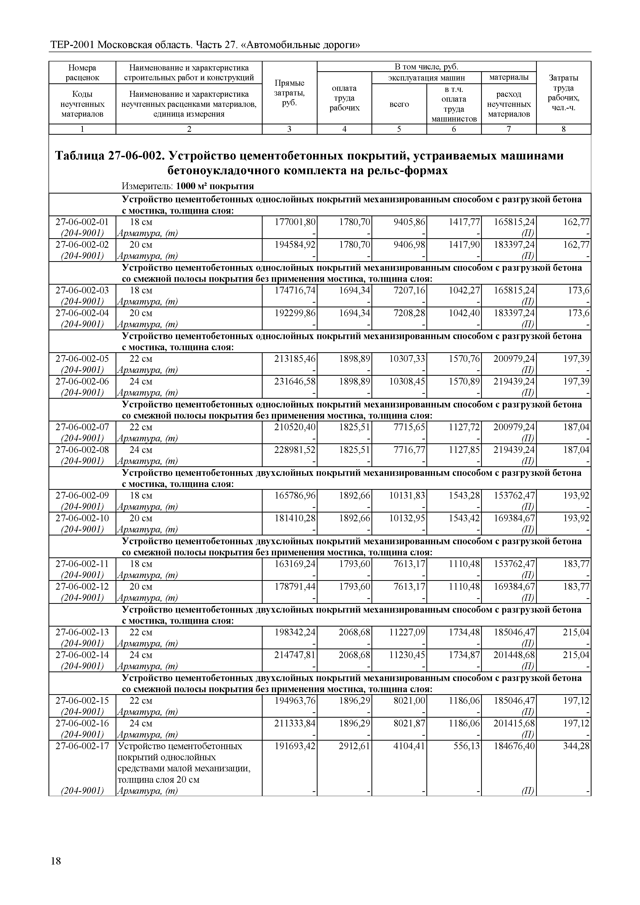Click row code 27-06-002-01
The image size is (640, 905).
(x=82, y=222)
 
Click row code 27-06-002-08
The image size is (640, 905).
(x=82, y=450)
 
